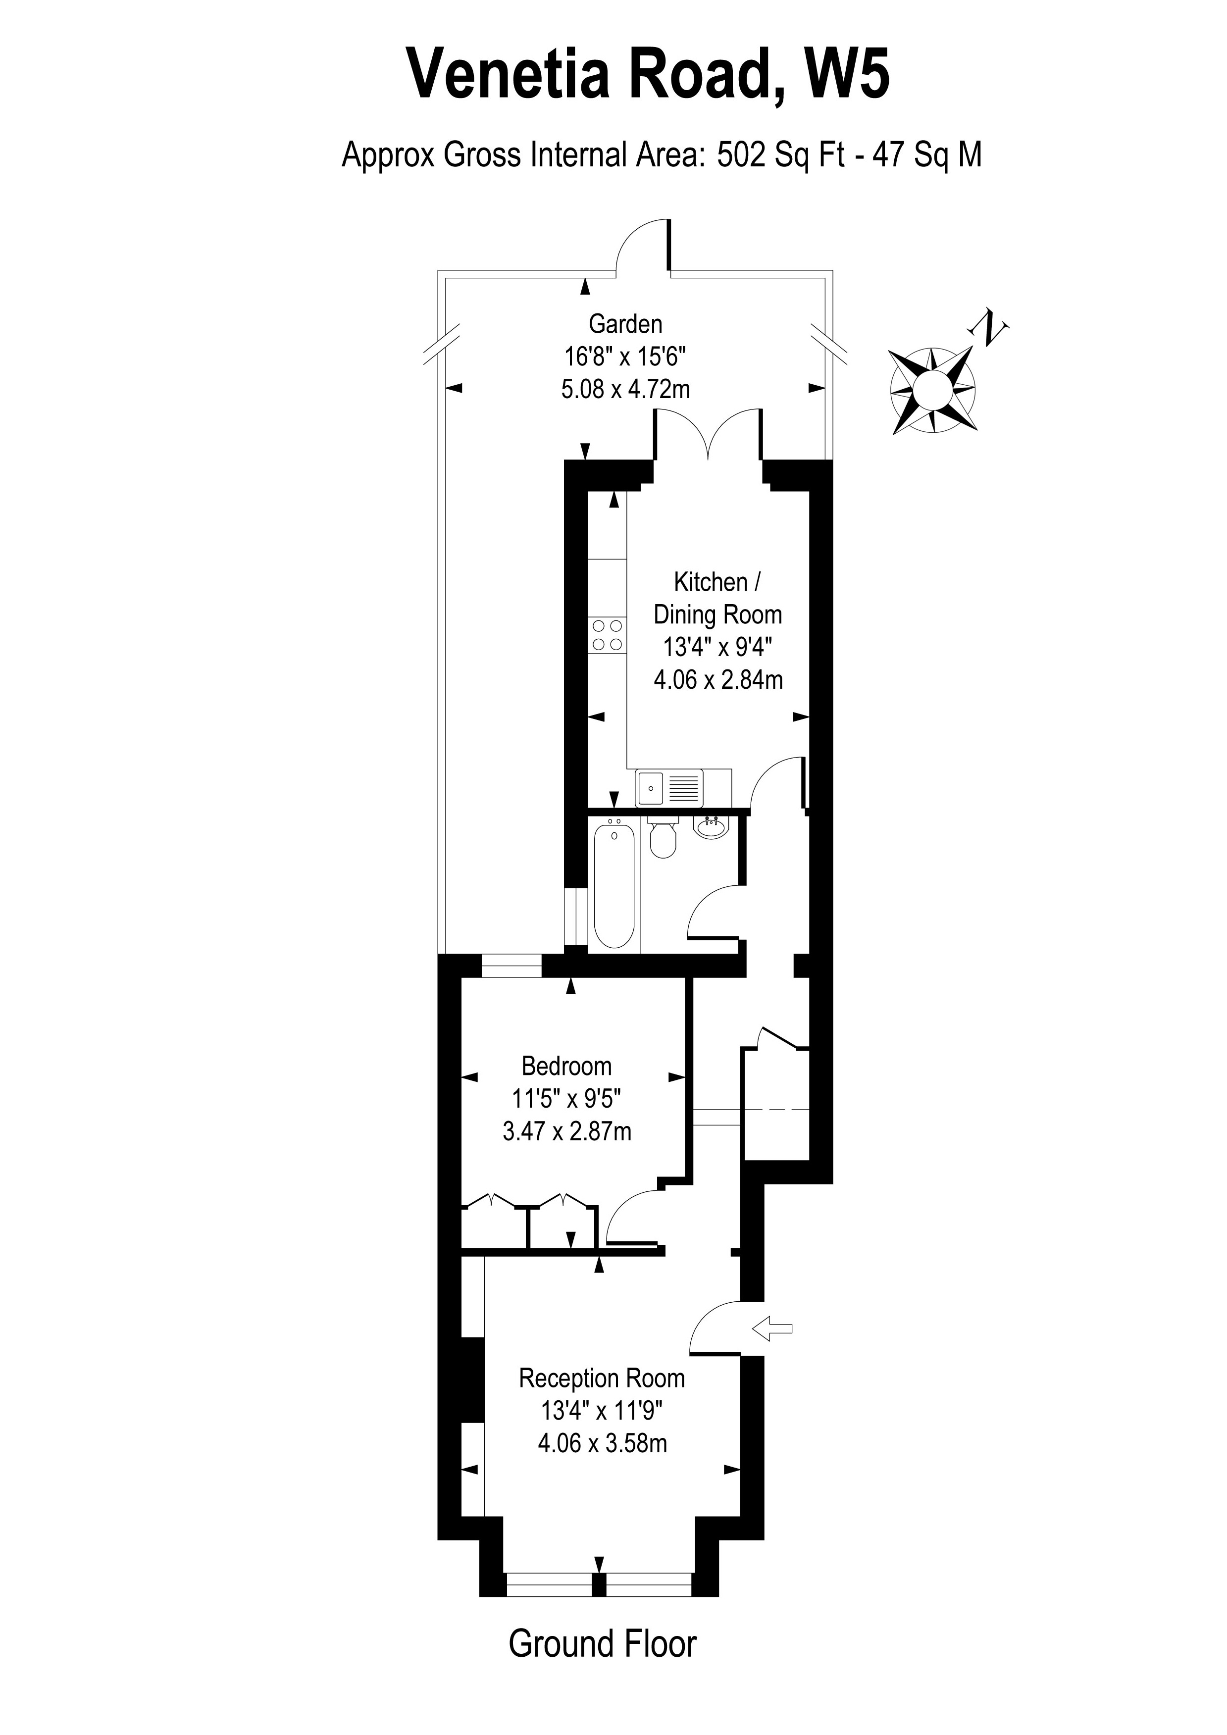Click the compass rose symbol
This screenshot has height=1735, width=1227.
(x=933, y=390)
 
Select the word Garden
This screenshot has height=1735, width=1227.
(x=625, y=324)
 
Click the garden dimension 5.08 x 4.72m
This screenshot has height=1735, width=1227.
(x=625, y=389)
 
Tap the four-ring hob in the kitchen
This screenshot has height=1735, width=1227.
(x=608, y=635)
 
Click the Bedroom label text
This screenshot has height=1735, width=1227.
(x=566, y=1066)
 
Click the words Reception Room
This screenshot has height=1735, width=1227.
(x=602, y=1378)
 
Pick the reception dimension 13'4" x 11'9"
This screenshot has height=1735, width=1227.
(x=602, y=1411)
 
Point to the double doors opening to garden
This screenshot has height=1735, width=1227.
(x=708, y=435)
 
